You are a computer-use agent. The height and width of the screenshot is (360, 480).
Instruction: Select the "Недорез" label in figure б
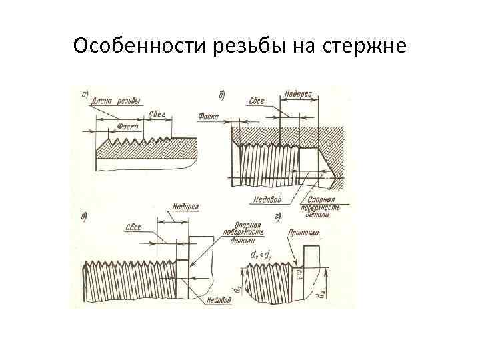coord(297,93)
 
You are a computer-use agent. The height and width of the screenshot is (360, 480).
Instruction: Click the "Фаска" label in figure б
coord(209,117)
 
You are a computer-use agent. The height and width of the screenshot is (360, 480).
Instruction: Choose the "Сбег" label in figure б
coord(256,101)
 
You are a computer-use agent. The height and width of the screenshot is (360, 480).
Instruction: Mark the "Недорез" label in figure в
coord(185,207)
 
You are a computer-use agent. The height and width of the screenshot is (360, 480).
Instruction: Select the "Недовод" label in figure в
coord(218,300)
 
